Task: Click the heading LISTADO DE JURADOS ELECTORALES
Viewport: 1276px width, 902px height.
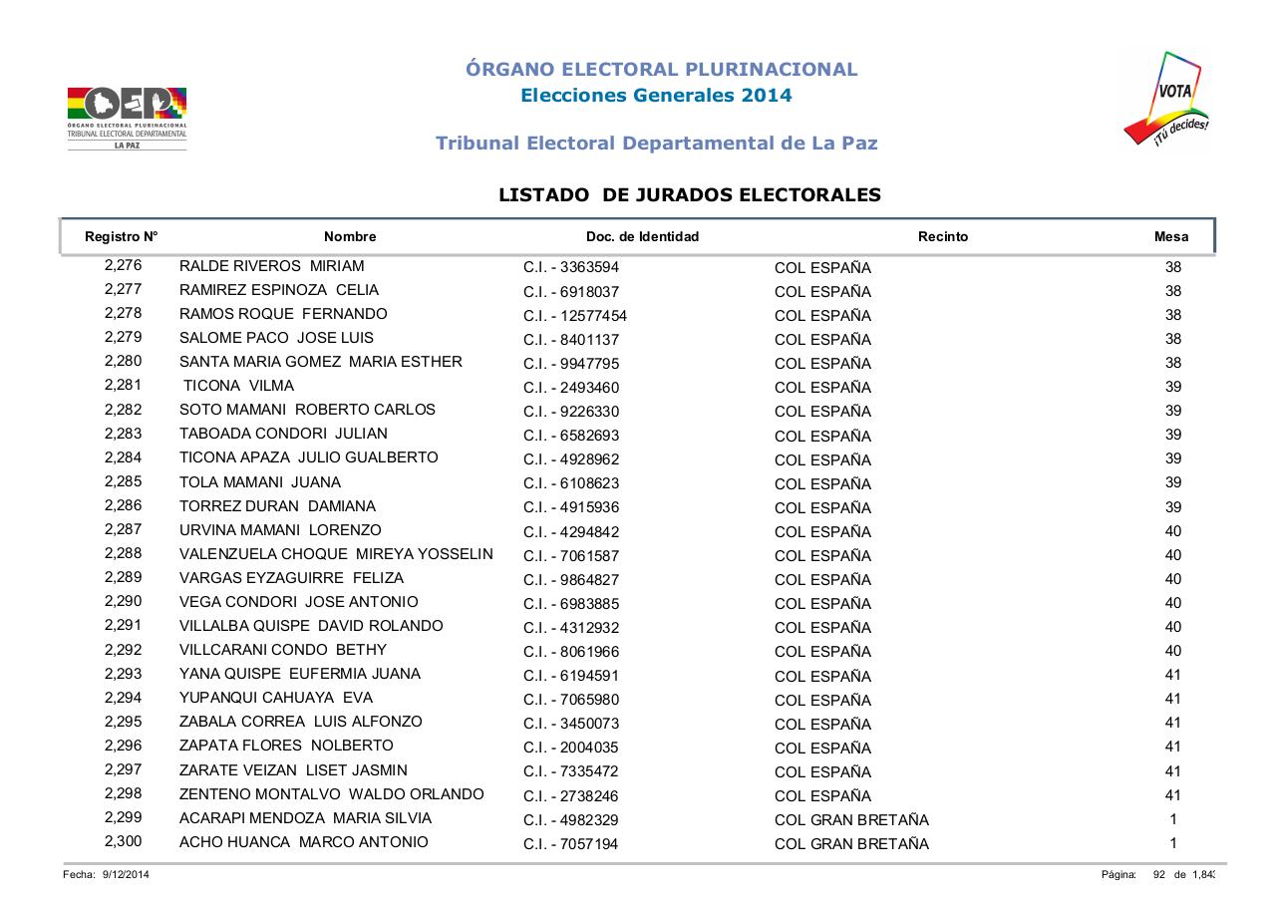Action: click(689, 195)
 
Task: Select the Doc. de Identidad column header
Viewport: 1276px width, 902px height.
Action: click(642, 237)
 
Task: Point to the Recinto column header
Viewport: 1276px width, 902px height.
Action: click(942, 237)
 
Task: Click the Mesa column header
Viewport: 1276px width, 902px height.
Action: click(1170, 237)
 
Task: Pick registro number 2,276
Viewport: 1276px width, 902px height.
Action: click(123, 266)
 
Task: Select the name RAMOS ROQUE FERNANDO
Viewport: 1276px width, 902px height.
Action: click(283, 314)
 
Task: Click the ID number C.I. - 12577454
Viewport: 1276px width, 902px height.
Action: click(574, 316)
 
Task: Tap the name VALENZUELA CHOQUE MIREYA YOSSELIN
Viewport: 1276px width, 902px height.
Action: click(336, 554)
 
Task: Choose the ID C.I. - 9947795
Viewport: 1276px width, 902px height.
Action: click(570, 364)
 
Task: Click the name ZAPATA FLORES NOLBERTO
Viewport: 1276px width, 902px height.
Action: click(286, 746)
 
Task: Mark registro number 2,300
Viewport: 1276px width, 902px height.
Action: click(123, 842)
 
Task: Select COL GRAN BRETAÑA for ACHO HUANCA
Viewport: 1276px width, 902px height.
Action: click(851, 844)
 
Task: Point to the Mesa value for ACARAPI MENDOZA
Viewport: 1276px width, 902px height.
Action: click(1172, 819)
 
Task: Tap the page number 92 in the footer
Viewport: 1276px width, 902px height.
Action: click(1159, 875)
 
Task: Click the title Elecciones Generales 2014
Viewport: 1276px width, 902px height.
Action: click(657, 96)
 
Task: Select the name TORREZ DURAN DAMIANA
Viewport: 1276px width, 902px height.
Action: click(277, 506)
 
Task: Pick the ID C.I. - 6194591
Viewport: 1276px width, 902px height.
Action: click(570, 676)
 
